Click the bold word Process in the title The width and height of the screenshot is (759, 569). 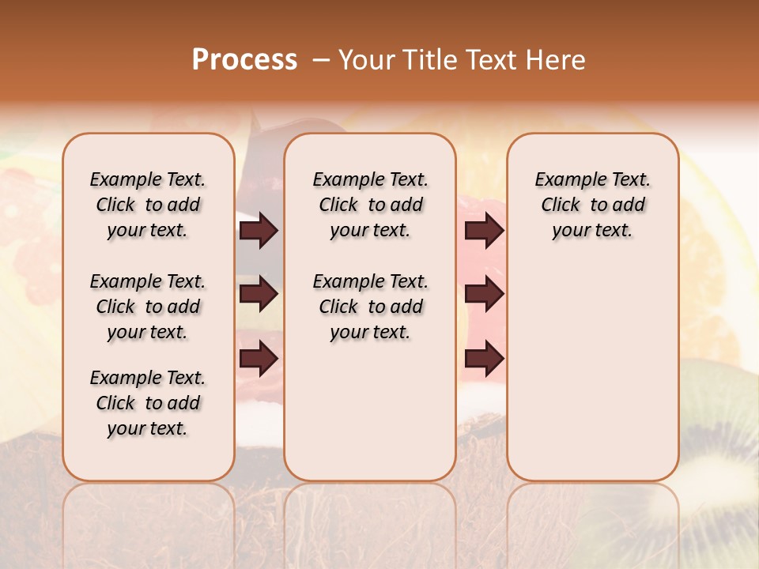point(244,60)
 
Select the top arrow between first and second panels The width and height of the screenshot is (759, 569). point(259,231)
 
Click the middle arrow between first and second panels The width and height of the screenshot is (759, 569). point(259,295)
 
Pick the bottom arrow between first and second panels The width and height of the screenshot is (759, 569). point(259,359)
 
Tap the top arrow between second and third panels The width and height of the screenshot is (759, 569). point(484,231)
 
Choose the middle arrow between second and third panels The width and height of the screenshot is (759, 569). point(484,295)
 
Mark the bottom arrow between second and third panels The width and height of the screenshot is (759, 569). point(484,359)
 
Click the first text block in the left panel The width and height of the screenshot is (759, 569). point(148,205)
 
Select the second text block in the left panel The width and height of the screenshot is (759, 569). point(148,307)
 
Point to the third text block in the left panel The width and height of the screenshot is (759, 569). point(148,403)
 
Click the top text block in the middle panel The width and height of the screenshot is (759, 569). point(370,205)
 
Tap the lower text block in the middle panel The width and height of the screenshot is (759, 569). point(370,307)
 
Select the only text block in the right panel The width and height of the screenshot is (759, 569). point(592,205)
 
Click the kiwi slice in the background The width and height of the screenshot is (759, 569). point(723,443)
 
